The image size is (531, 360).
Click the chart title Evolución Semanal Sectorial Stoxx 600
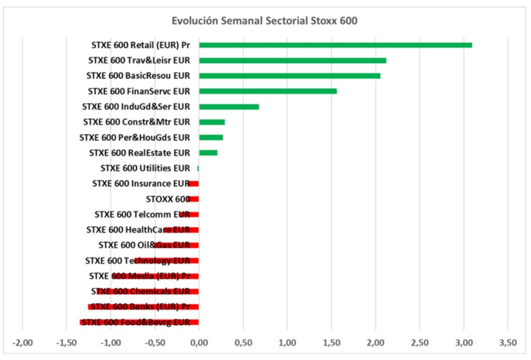(x=264, y=21)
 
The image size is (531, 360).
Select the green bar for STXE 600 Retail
(x=335, y=45)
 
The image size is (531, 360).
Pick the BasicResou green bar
(x=289, y=76)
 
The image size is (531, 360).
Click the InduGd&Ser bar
(x=229, y=107)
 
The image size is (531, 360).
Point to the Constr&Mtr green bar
(x=212, y=122)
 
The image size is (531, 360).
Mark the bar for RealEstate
(x=208, y=153)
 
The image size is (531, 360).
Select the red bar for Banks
(x=143, y=307)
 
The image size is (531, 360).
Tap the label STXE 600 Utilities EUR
(x=145, y=168)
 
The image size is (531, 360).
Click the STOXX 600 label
(x=168, y=199)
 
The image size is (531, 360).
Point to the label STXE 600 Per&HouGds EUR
(x=135, y=137)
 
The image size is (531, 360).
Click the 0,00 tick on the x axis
(x=199, y=343)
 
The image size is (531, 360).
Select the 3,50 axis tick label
(x=508, y=343)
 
